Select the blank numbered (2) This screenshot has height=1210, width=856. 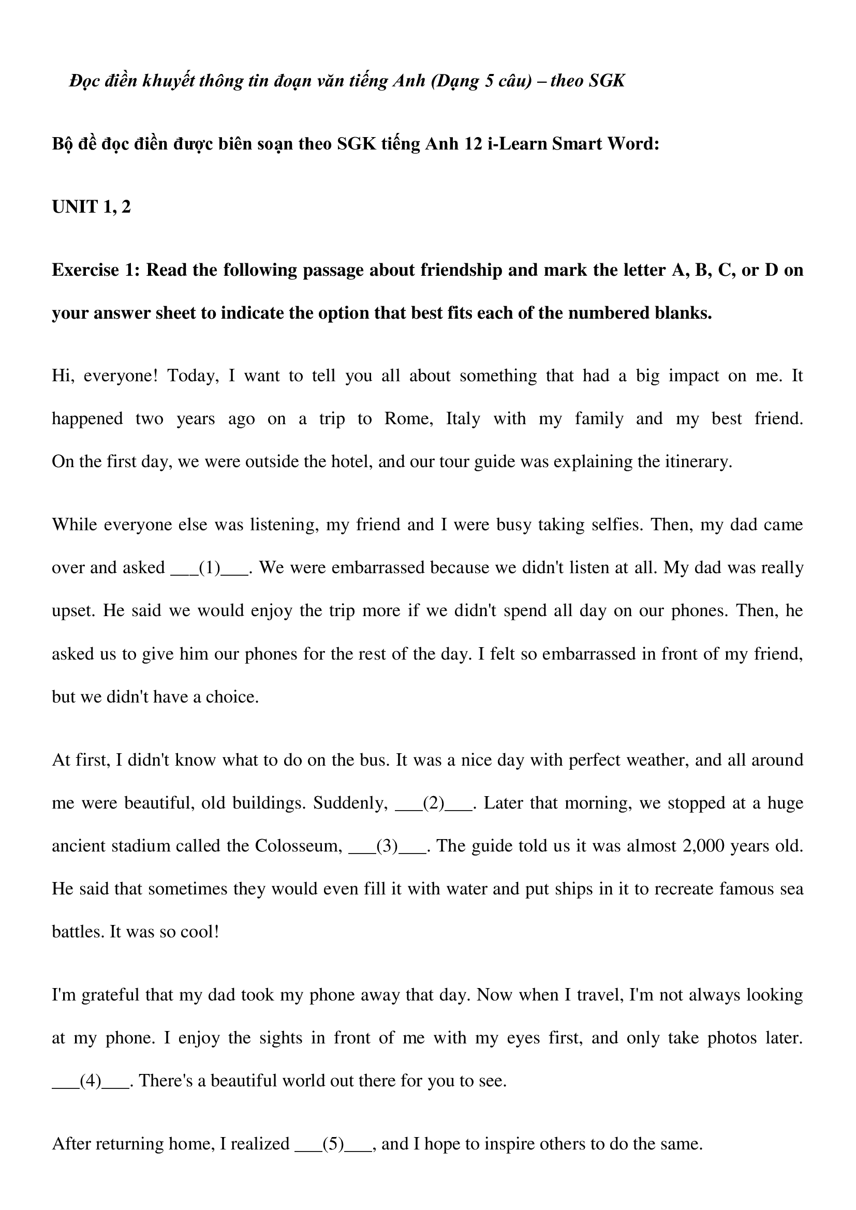(x=433, y=803)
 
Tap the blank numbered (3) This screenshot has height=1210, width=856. (x=388, y=846)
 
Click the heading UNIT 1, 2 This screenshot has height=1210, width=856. (x=91, y=207)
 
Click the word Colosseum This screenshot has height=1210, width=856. (x=297, y=846)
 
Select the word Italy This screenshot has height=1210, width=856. (x=463, y=419)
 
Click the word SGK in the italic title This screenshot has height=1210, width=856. (x=606, y=81)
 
